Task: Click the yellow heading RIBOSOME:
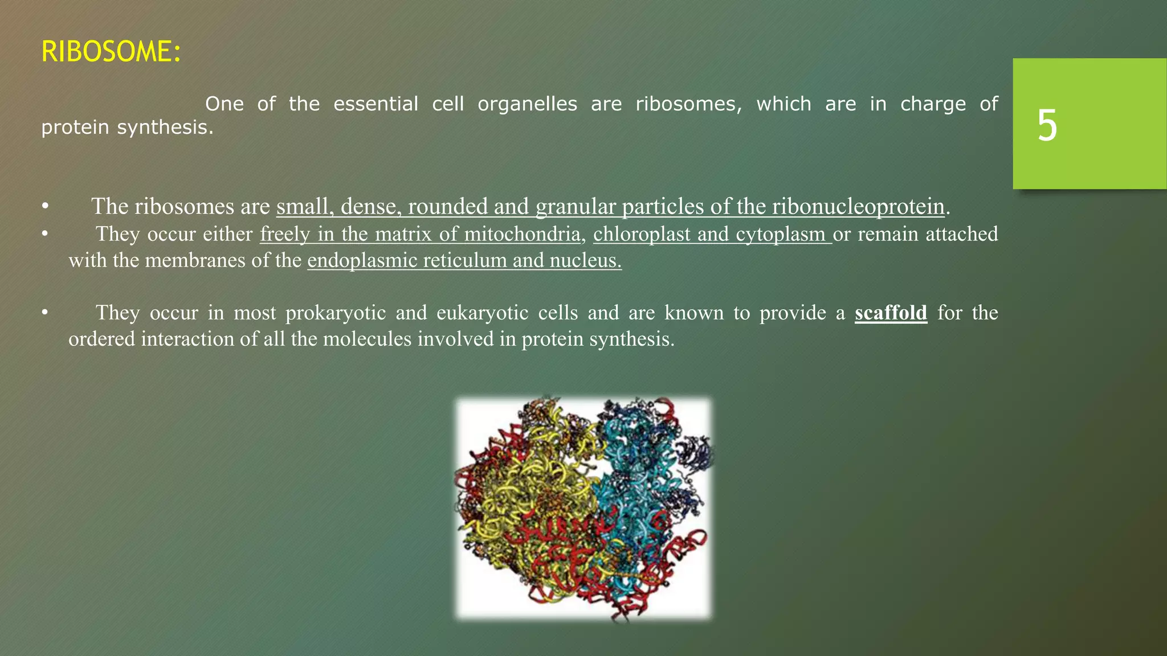tap(111, 52)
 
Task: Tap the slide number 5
tap(1047, 125)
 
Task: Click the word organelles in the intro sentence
tap(527, 104)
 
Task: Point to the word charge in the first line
tap(933, 104)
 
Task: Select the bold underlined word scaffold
tap(891, 313)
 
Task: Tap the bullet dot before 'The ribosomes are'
tap(45, 207)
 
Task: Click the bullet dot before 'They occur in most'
tap(45, 313)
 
